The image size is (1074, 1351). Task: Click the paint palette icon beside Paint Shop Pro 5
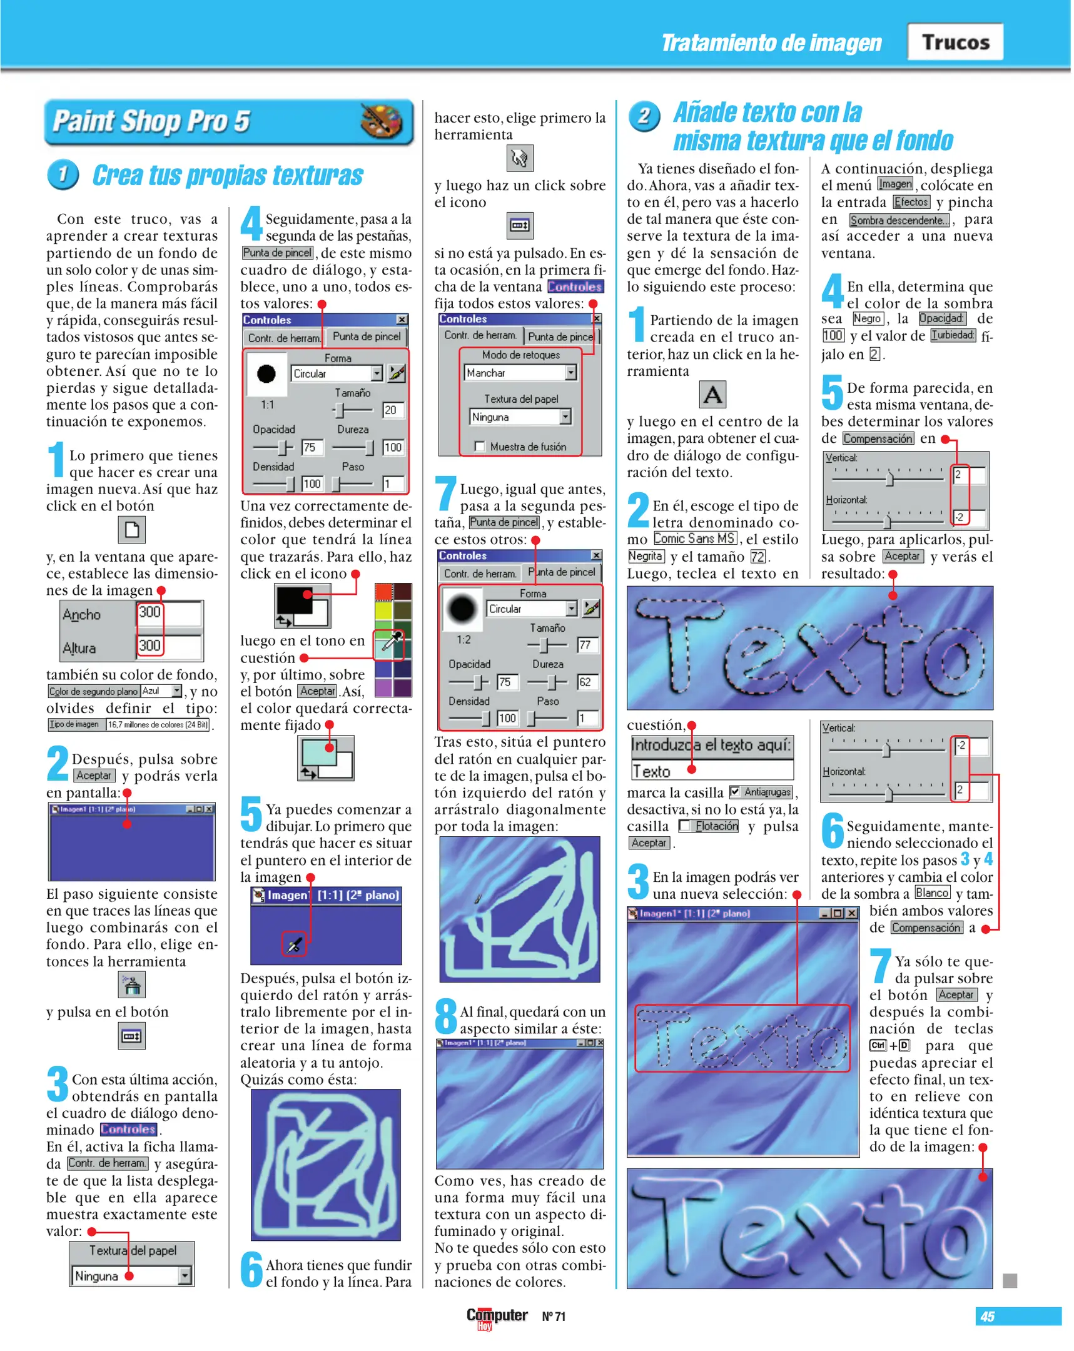click(382, 121)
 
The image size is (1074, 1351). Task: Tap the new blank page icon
click(131, 530)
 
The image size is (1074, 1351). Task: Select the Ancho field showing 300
click(168, 613)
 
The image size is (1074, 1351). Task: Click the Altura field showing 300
click(168, 646)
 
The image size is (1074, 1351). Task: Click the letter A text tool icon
click(712, 395)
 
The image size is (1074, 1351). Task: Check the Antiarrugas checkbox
click(735, 792)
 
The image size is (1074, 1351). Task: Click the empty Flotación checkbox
click(685, 826)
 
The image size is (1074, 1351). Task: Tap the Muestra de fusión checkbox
click(480, 447)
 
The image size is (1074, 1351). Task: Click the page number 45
click(988, 1316)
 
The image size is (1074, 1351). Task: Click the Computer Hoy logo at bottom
click(496, 1316)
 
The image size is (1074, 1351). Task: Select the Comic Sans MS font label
click(694, 539)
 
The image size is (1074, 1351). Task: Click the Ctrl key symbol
click(877, 1045)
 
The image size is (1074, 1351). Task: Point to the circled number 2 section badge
click(644, 116)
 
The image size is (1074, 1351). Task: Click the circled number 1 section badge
click(63, 175)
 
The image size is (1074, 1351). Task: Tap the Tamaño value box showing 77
click(587, 645)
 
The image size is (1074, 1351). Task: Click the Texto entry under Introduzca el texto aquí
click(711, 771)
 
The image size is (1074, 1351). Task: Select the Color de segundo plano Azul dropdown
click(161, 691)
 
